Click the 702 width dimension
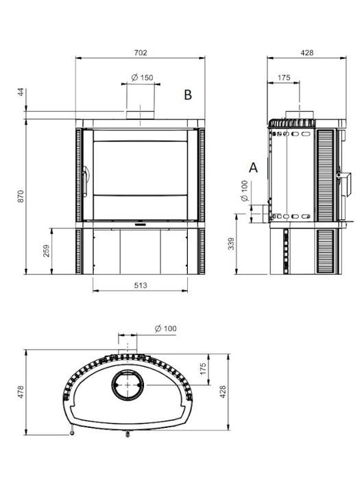click(141, 52)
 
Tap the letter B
click(187, 96)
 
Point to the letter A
click(253, 167)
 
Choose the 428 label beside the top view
click(223, 392)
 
